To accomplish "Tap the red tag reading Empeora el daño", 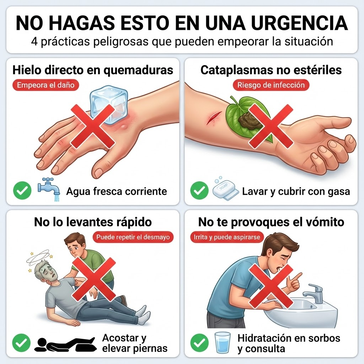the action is [x=46, y=85].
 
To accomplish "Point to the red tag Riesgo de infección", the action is [x=271, y=85].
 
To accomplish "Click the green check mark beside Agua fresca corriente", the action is [x=22, y=191].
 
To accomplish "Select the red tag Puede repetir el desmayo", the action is [x=133, y=237].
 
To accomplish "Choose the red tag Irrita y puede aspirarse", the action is [x=227, y=237].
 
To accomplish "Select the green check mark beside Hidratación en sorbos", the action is [x=199, y=343].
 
